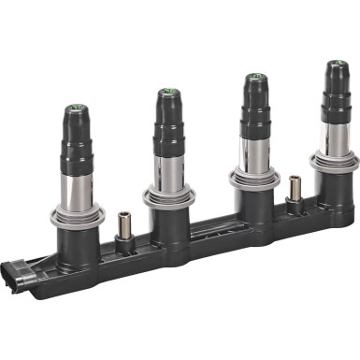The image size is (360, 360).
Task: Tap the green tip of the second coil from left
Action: point(167,91)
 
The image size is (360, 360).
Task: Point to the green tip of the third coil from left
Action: point(253,77)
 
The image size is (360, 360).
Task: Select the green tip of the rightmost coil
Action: point(333,65)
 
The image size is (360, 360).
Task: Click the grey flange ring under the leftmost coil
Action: point(84,219)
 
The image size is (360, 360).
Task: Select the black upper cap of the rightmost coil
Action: point(334,89)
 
